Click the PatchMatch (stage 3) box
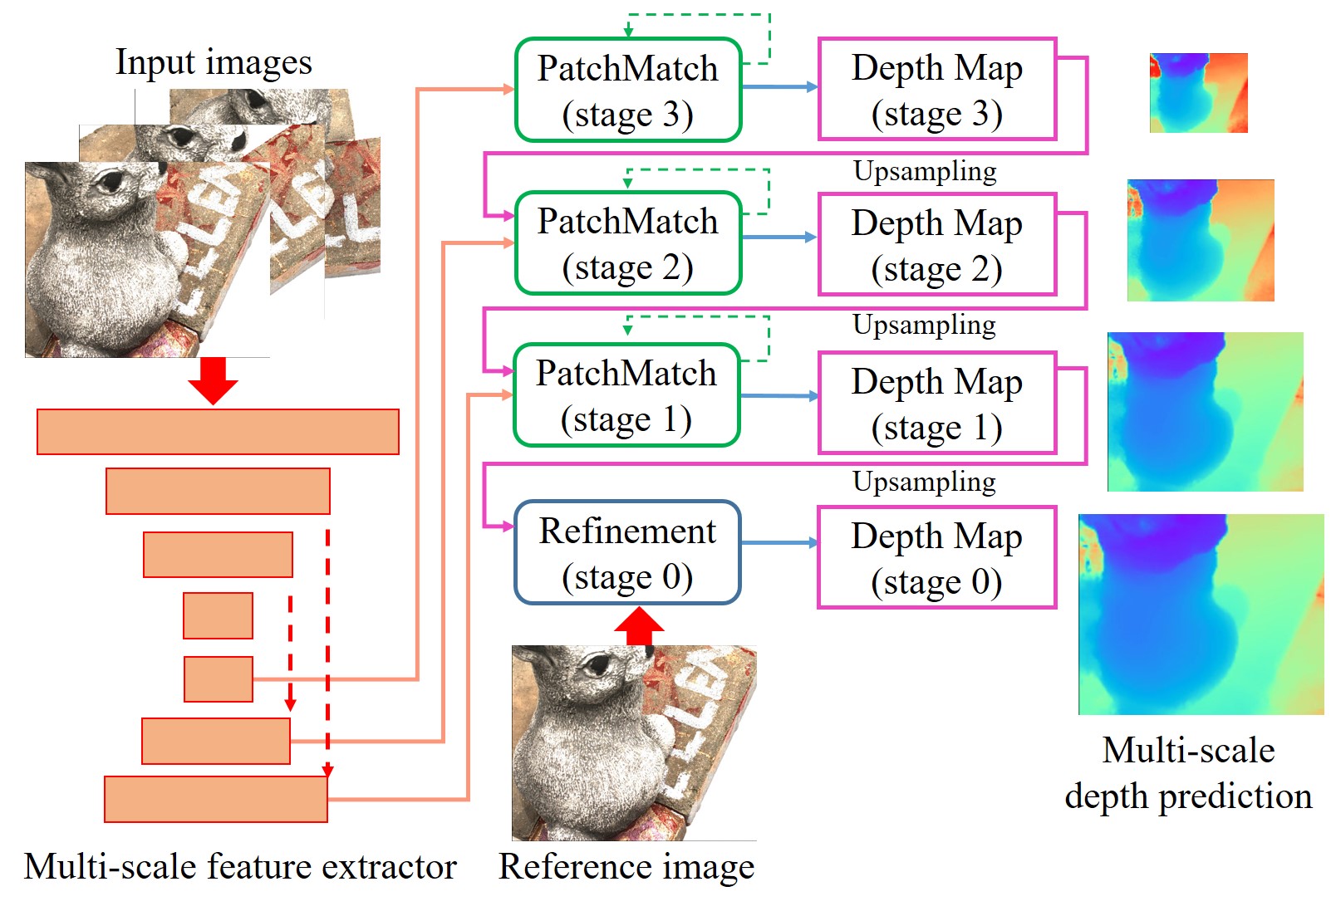click(627, 90)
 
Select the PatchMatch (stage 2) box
click(627, 243)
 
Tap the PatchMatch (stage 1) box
click(626, 395)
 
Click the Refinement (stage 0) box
click(627, 552)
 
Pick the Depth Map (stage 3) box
click(936, 89)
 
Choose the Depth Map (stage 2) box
click(936, 244)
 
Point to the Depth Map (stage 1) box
click(936, 403)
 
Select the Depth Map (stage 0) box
click(936, 557)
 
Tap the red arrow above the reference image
click(638, 626)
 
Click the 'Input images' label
click(214, 62)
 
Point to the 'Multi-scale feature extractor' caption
click(240, 866)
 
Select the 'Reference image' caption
click(626, 866)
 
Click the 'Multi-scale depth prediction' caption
click(1188, 772)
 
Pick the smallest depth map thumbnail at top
click(1198, 93)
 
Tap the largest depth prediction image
click(1201, 615)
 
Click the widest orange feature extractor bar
click(218, 432)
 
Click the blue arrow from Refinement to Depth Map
click(779, 543)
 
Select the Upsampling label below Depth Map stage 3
click(925, 171)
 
